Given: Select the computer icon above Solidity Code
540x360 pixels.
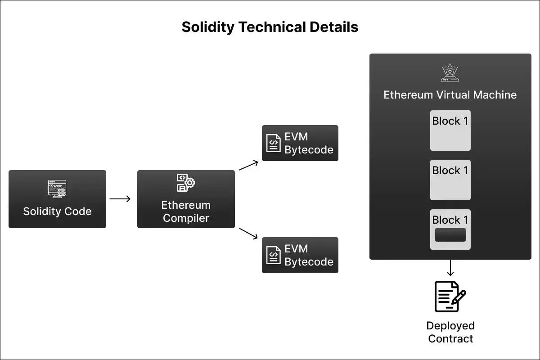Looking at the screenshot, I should coord(57,189).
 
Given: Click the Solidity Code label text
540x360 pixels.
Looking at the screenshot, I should coord(57,211).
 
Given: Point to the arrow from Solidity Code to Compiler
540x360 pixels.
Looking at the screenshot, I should coord(120,198).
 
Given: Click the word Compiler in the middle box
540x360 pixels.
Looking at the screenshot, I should coord(186,218).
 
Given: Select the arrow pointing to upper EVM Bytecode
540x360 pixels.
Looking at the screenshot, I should coord(248,165).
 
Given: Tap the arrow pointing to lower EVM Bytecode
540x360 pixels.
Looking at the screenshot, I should coord(248,233).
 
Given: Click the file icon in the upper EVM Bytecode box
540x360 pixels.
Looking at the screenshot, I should coord(273,143).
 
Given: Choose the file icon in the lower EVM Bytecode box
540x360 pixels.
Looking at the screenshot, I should coord(273,255).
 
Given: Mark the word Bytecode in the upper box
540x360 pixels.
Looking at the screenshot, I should coord(309,150).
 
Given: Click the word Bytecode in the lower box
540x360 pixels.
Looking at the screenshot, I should coord(309,262).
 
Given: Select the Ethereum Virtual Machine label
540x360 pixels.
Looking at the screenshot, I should coord(450,95).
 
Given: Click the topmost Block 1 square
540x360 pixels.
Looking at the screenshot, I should coord(450,130).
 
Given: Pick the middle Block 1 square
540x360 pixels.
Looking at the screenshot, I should coord(450,180).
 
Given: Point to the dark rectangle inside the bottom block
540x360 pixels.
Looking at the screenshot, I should coord(450,235).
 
